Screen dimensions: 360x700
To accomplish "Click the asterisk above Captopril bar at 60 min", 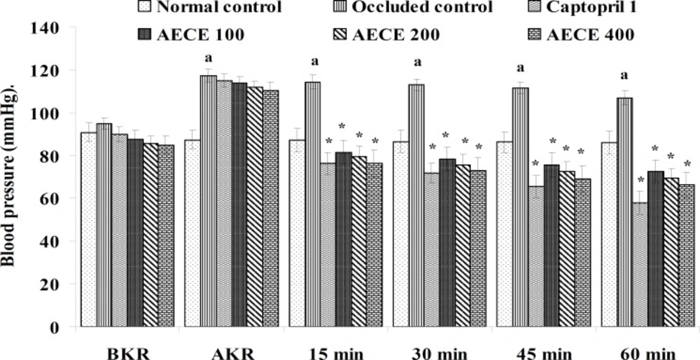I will point(640,179).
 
